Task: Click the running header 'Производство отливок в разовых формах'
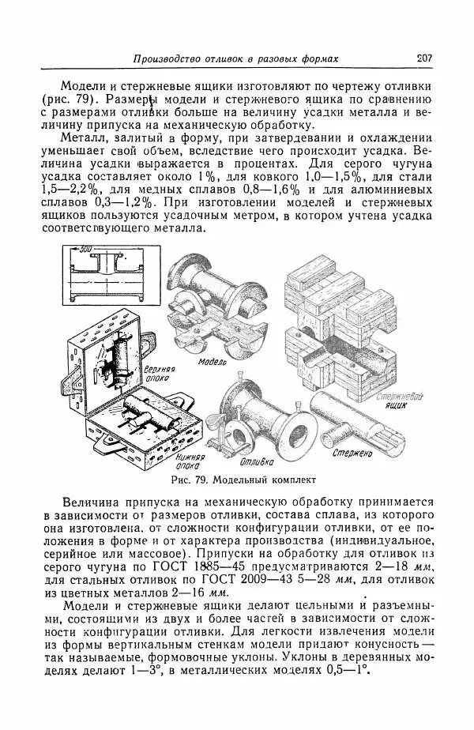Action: pyautogui.click(x=235, y=59)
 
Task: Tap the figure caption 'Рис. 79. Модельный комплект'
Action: pyautogui.click(x=243, y=480)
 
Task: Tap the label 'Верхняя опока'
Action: pyautogui.click(x=159, y=373)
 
